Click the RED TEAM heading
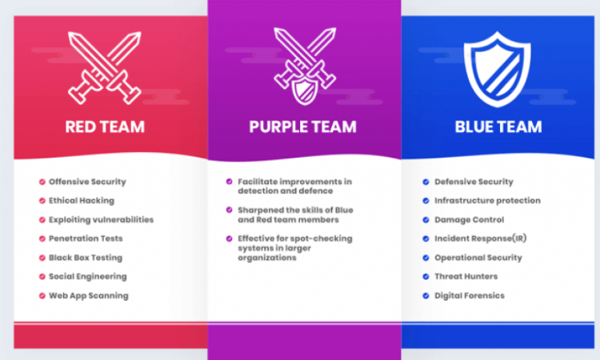point(105,126)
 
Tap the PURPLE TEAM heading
point(302,126)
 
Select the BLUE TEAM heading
point(498,126)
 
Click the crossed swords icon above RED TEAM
point(105,68)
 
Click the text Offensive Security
point(87,182)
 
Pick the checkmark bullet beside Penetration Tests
point(42,238)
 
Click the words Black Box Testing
point(86,258)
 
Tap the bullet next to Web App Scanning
point(42,296)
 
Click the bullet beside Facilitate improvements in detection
point(230,182)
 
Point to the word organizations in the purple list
point(267,258)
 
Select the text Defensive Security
point(474,182)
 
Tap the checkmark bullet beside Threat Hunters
point(426,277)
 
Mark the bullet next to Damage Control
point(426,220)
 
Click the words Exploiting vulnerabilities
point(101,220)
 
